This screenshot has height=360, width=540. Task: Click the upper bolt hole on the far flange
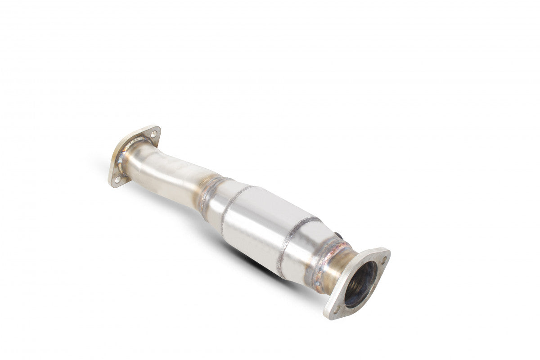(153, 134)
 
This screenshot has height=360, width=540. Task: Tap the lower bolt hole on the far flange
(117, 179)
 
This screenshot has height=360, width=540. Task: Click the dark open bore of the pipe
(360, 285)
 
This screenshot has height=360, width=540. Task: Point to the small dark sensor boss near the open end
(339, 235)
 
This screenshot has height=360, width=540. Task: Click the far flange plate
(135, 153)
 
